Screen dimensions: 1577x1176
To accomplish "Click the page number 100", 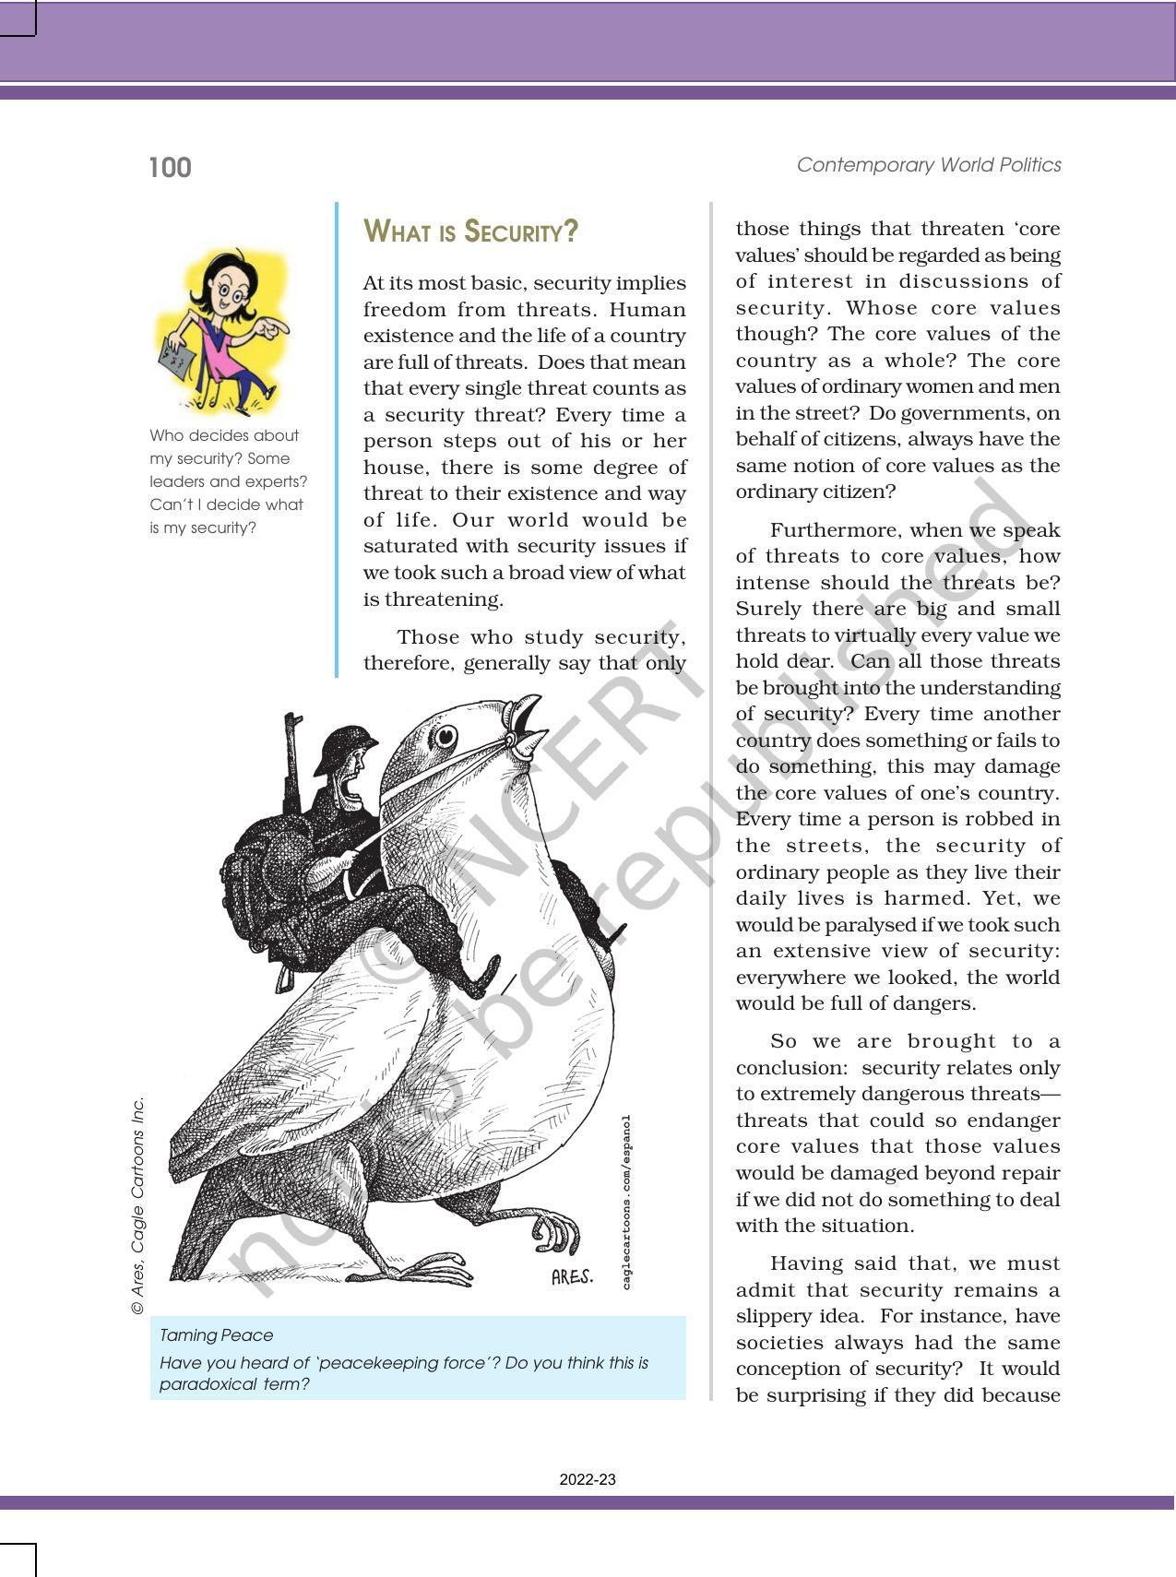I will click(x=170, y=168).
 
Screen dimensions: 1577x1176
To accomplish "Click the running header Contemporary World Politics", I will click(x=928, y=165).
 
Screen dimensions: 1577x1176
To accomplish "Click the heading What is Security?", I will click(x=470, y=231).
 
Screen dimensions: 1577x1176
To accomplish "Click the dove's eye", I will click(x=446, y=736).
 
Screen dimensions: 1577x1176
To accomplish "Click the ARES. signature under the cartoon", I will click(x=572, y=1277).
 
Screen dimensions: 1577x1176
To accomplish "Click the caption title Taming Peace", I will click(x=216, y=1334).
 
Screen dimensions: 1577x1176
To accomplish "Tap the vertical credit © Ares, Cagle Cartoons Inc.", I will click(x=138, y=1204).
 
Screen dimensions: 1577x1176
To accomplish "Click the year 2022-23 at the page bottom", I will click(x=588, y=1479).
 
